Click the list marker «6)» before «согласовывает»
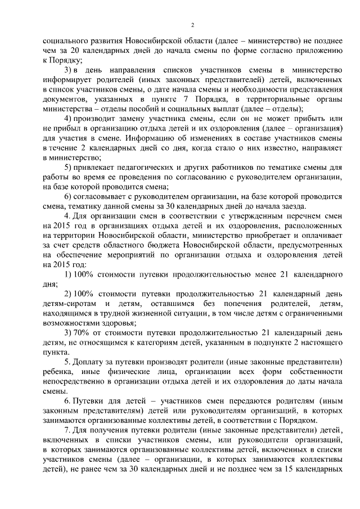point(67,195)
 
